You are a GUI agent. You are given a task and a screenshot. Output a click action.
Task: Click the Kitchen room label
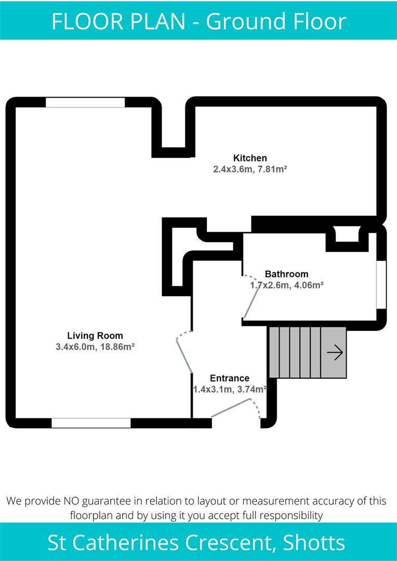[x=250, y=158]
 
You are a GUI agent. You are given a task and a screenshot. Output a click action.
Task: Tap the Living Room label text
[x=95, y=336]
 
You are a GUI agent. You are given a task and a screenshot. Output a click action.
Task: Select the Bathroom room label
[x=286, y=274]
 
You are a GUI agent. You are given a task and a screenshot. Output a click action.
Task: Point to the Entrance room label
[x=229, y=378]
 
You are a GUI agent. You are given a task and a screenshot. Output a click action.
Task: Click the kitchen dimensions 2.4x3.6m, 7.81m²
[x=250, y=169]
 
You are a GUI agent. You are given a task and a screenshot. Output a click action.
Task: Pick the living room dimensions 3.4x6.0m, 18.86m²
[x=95, y=346]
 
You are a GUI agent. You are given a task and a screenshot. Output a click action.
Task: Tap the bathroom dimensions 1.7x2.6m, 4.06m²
[x=287, y=285]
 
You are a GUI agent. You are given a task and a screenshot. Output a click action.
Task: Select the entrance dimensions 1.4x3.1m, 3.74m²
[x=229, y=389]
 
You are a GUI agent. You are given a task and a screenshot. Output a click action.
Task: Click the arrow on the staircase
[x=335, y=353]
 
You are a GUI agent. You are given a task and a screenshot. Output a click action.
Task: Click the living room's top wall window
[x=85, y=102]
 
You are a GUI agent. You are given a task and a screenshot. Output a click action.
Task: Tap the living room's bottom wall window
[x=91, y=423]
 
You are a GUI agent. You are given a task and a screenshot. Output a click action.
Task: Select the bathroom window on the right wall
[x=381, y=285]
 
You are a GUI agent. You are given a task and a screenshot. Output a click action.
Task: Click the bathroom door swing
[x=252, y=296]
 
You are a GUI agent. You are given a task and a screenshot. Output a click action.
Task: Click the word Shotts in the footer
[x=314, y=543]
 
